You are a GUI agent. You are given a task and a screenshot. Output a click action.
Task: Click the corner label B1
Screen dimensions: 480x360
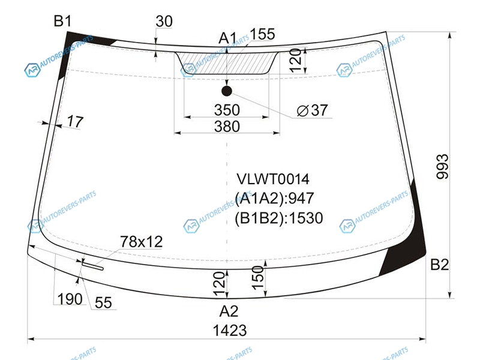pyautogui.click(x=62, y=22)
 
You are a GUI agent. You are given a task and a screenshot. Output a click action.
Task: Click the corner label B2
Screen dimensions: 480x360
pyautogui.click(x=440, y=265)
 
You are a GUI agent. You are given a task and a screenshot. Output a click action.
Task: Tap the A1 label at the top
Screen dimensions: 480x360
pyautogui.click(x=228, y=38)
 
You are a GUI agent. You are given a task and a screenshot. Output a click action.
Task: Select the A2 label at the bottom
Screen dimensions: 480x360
pyautogui.click(x=229, y=311)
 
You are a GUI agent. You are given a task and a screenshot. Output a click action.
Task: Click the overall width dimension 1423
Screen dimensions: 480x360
pyautogui.click(x=230, y=331)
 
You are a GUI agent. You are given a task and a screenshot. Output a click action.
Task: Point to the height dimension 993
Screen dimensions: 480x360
pyautogui.click(x=442, y=167)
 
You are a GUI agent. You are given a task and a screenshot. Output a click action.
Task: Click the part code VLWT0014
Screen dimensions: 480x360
pyautogui.click(x=273, y=179)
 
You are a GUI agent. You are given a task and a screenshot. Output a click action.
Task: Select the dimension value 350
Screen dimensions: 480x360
pyautogui.click(x=227, y=110)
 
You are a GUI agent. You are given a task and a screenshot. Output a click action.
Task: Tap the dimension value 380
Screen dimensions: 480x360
pyautogui.click(x=227, y=127)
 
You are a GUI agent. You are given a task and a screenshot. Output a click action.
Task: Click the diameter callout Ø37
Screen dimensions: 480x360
pyautogui.click(x=312, y=110)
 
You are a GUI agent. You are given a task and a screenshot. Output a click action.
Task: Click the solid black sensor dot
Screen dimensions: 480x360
pyautogui.click(x=227, y=91)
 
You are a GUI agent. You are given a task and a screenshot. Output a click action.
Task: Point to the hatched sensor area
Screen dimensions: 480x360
pyautogui.click(x=227, y=64)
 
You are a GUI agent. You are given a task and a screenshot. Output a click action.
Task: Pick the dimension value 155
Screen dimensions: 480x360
pyautogui.click(x=263, y=34)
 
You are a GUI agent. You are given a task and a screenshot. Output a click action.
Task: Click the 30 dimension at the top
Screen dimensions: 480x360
pyautogui.click(x=164, y=22)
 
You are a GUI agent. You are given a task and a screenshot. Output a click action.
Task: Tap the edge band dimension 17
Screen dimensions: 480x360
pyautogui.click(x=75, y=122)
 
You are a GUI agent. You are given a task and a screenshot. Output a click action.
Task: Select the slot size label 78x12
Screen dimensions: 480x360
pyautogui.click(x=141, y=242)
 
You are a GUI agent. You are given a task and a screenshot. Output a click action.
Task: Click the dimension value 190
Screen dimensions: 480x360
pyautogui.click(x=70, y=299)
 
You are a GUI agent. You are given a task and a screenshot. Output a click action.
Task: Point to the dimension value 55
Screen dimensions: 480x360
pyautogui.click(x=103, y=303)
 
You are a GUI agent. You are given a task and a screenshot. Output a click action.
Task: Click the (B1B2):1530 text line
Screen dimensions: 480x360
pyautogui.click(x=278, y=218)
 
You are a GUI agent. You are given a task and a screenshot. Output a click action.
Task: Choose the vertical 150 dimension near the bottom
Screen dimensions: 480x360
pyautogui.click(x=258, y=278)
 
